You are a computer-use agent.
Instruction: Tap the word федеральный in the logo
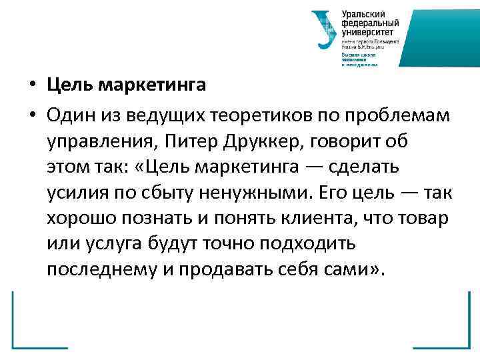(367, 23)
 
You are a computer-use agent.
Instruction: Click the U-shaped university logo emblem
(325, 30)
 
